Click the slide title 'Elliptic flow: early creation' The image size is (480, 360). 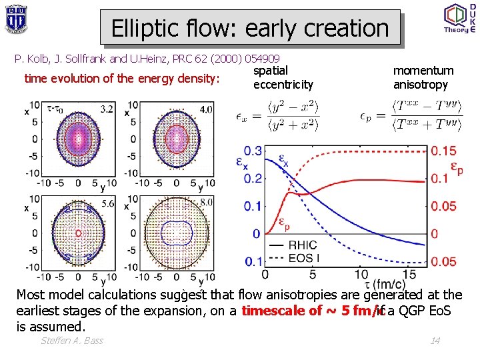tap(250, 28)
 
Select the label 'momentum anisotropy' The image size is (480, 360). tap(423, 77)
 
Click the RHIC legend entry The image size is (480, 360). tap(293, 245)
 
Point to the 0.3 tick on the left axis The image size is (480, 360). tap(253, 151)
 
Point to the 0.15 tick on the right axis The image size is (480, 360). tap(443, 151)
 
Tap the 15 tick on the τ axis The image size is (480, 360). tap(409, 274)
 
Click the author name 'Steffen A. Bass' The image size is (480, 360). tap(72, 341)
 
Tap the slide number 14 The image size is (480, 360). tap(435, 341)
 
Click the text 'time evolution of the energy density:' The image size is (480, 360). tap(122, 79)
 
